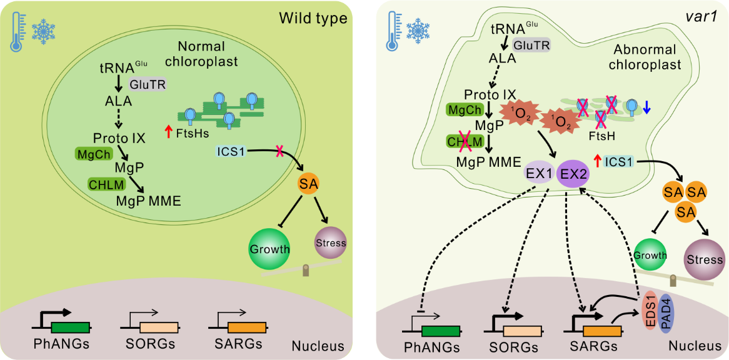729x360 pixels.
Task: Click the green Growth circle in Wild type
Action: (x=270, y=249)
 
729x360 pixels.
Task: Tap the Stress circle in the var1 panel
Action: (x=705, y=259)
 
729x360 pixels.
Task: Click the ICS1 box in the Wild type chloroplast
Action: (x=231, y=151)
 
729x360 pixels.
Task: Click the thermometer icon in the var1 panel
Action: (x=391, y=32)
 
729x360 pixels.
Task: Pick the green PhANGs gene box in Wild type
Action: (x=70, y=326)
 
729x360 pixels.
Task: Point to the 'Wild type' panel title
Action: (x=313, y=18)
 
